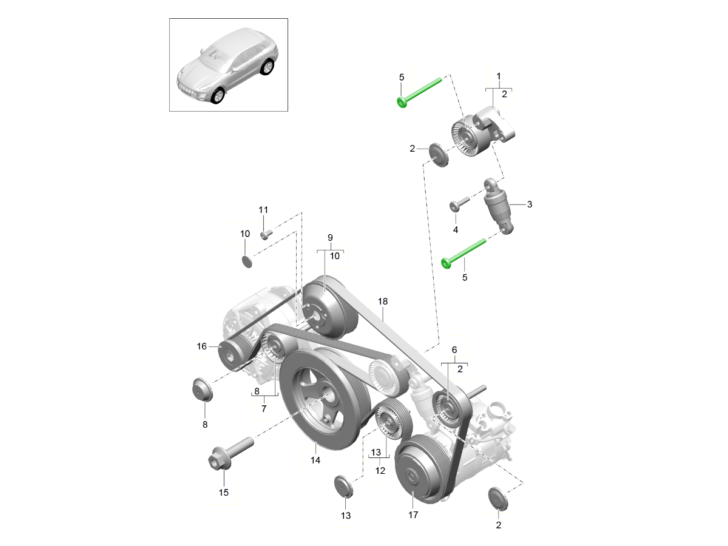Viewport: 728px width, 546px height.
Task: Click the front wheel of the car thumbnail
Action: click(216, 95)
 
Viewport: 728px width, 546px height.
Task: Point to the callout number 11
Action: click(263, 210)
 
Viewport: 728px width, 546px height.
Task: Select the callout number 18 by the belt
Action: click(382, 301)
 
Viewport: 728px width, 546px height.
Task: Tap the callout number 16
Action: click(202, 346)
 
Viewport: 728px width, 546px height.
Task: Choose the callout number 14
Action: click(315, 460)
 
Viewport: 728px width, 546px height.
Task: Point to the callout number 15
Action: click(223, 492)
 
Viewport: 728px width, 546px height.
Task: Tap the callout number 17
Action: click(413, 515)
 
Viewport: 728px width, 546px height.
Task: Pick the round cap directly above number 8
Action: click(201, 389)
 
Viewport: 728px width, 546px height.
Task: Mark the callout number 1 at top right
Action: click(499, 76)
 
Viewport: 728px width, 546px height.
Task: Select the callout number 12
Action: click(380, 471)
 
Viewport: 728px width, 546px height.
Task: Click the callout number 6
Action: click(454, 350)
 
